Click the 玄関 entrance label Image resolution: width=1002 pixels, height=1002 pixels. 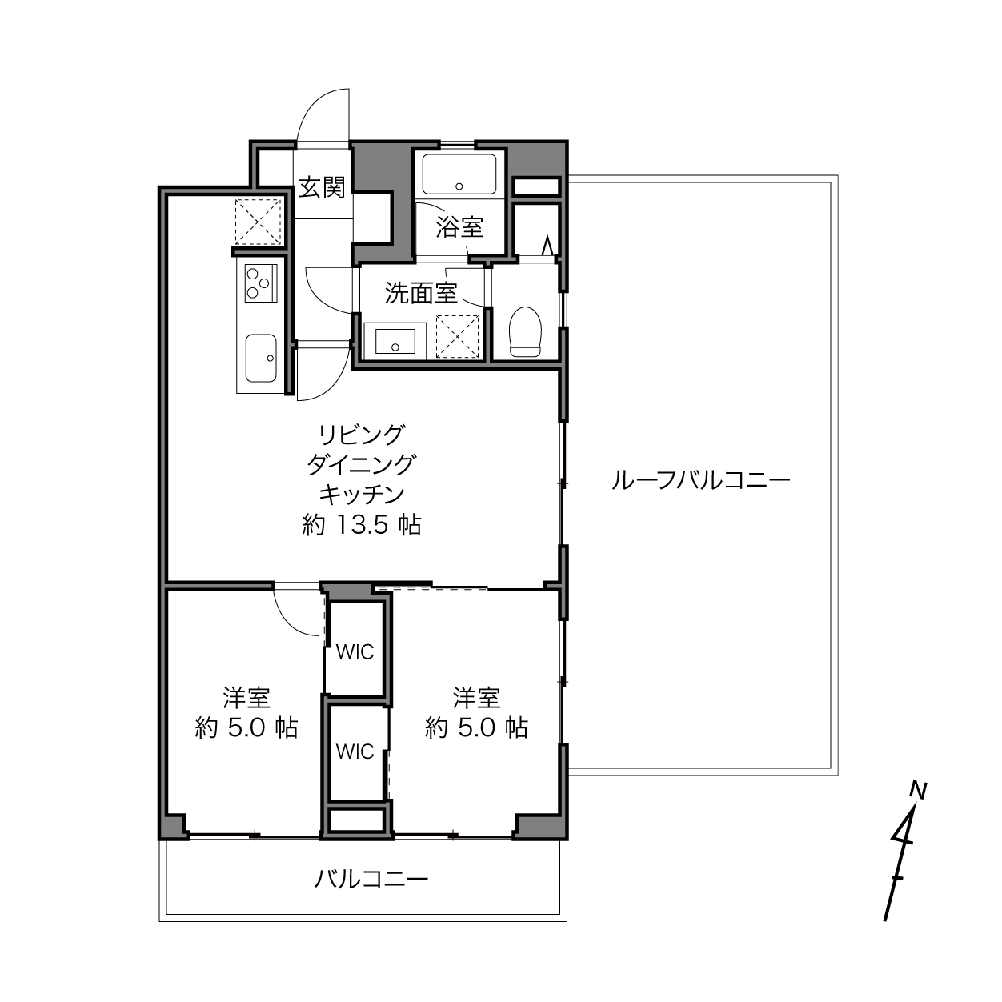322,188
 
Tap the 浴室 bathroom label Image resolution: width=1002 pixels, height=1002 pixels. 459,227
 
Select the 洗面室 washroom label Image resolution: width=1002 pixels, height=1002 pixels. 421,293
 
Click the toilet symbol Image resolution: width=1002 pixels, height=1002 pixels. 525,331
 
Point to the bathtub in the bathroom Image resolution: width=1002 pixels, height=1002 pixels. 459,174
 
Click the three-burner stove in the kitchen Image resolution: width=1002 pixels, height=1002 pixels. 260,283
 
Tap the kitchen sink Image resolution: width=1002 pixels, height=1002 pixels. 261,358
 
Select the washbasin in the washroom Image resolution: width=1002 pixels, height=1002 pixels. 395,341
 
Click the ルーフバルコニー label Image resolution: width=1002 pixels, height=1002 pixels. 700,480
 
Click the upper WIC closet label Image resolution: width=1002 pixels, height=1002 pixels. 355,652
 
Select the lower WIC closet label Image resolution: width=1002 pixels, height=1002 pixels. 355,751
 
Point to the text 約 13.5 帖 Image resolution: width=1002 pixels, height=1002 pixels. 362,525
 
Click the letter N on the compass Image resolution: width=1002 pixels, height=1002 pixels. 919,791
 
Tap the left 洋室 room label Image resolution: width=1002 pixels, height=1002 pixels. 246,699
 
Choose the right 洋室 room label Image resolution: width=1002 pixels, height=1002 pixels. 476,699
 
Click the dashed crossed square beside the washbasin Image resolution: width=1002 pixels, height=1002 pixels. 457,336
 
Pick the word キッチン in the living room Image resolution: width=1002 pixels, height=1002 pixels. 362,495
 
